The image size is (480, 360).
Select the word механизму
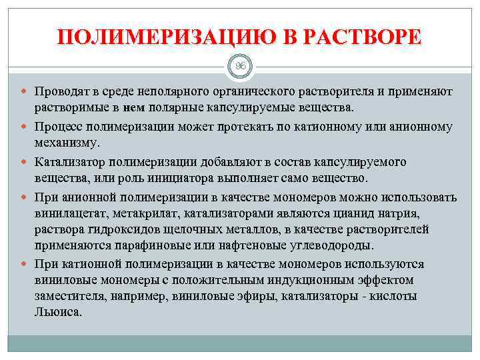pyautogui.click(x=67, y=143)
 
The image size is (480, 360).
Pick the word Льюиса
pyautogui.click(x=58, y=312)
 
